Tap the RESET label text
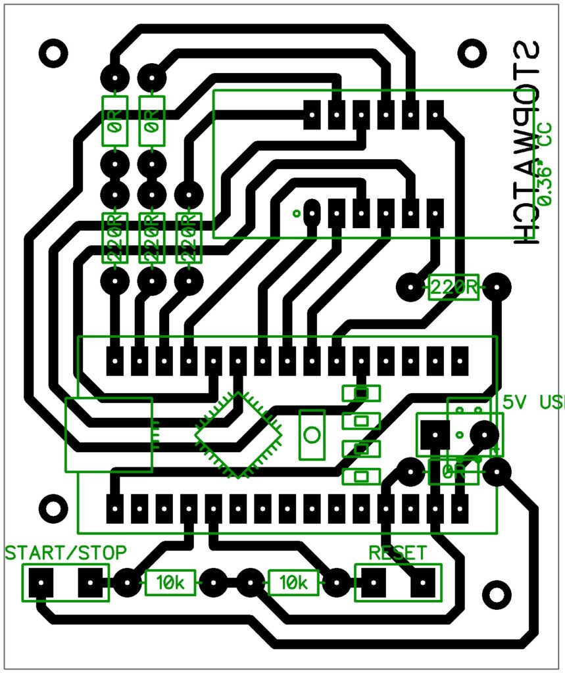(x=397, y=553)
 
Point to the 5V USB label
(x=531, y=402)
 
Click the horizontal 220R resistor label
(x=453, y=287)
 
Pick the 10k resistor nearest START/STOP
(x=170, y=582)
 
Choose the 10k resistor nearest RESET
(x=293, y=582)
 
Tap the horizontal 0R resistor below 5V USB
(x=453, y=471)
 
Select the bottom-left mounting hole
(x=53, y=507)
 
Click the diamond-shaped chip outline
(x=238, y=435)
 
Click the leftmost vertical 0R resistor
(x=114, y=122)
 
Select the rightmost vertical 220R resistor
(x=189, y=237)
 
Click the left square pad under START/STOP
(x=41, y=582)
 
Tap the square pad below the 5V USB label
(x=435, y=435)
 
